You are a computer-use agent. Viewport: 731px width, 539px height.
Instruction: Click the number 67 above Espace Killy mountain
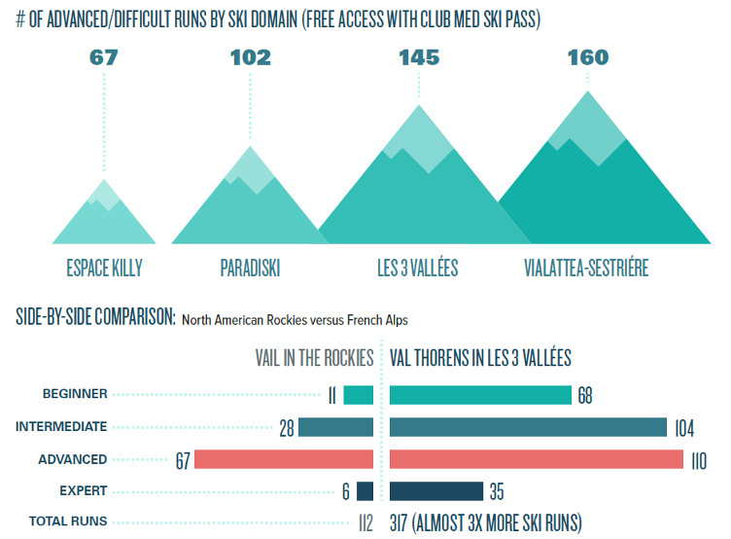click(x=103, y=57)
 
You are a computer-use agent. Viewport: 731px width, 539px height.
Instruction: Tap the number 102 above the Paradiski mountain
click(x=251, y=57)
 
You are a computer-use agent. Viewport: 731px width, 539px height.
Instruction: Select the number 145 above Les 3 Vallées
click(x=419, y=57)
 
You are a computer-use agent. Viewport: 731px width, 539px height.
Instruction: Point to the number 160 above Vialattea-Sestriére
click(x=588, y=57)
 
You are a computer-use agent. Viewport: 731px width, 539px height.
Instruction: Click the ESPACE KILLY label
click(x=104, y=268)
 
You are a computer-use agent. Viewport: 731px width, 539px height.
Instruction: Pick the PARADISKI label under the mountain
click(x=250, y=268)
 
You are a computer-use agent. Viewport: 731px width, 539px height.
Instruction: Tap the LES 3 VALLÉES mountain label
click(x=418, y=268)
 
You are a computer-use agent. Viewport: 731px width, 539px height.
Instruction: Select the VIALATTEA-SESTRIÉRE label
click(x=586, y=268)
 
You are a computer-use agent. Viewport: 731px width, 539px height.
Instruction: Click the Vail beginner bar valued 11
click(x=358, y=395)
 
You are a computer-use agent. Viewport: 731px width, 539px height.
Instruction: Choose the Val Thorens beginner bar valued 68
click(x=480, y=395)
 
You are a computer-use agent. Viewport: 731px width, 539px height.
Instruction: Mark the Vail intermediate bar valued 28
click(x=335, y=427)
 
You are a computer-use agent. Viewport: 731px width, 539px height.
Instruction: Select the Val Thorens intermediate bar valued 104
click(x=528, y=427)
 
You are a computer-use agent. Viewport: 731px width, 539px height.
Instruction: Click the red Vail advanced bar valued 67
click(x=284, y=459)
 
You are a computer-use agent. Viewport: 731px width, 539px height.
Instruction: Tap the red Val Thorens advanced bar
click(x=537, y=459)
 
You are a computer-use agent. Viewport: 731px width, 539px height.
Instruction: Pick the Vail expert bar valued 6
click(x=365, y=491)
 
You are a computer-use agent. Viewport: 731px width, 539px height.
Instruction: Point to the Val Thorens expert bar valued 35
click(x=436, y=491)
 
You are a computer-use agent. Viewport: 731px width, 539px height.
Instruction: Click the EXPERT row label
click(x=84, y=491)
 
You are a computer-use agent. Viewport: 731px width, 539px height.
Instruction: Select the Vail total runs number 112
click(x=365, y=523)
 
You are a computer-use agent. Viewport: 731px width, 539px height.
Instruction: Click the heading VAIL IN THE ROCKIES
click(x=314, y=358)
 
